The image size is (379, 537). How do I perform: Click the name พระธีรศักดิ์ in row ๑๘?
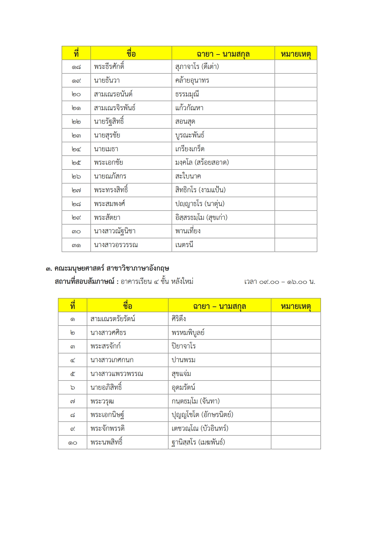click(x=109, y=67)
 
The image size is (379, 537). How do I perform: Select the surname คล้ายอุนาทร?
click(x=192, y=81)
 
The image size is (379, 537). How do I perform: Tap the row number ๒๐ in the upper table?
click(x=76, y=94)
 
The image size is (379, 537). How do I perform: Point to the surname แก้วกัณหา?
click(x=189, y=108)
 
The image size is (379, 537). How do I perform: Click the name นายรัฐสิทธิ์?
click(x=109, y=122)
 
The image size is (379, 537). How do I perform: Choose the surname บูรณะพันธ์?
click(x=190, y=135)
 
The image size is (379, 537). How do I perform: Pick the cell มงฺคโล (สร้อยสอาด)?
click(x=202, y=163)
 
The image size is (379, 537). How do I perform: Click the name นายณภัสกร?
click(x=110, y=176)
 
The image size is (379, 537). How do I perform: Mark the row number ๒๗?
click(x=76, y=190)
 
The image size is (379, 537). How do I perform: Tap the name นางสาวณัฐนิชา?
click(x=115, y=231)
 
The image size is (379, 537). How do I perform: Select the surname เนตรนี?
click(x=184, y=245)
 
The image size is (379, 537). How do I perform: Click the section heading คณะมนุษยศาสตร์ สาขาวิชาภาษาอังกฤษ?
click(x=112, y=268)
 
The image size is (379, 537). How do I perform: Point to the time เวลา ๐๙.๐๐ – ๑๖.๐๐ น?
click(x=280, y=282)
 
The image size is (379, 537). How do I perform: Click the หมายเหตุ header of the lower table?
click(x=295, y=306)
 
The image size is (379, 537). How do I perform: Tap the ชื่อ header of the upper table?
click(x=131, y=54)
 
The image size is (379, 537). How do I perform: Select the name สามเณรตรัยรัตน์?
click(x=113, y=319)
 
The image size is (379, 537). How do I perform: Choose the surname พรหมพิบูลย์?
click(x=188, y=333)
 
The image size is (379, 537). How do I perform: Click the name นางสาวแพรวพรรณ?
click(x=117, y=374)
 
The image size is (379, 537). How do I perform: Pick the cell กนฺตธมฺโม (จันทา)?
click(x=195, y=401)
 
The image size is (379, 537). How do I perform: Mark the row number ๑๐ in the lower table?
click(x=72, y=443)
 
